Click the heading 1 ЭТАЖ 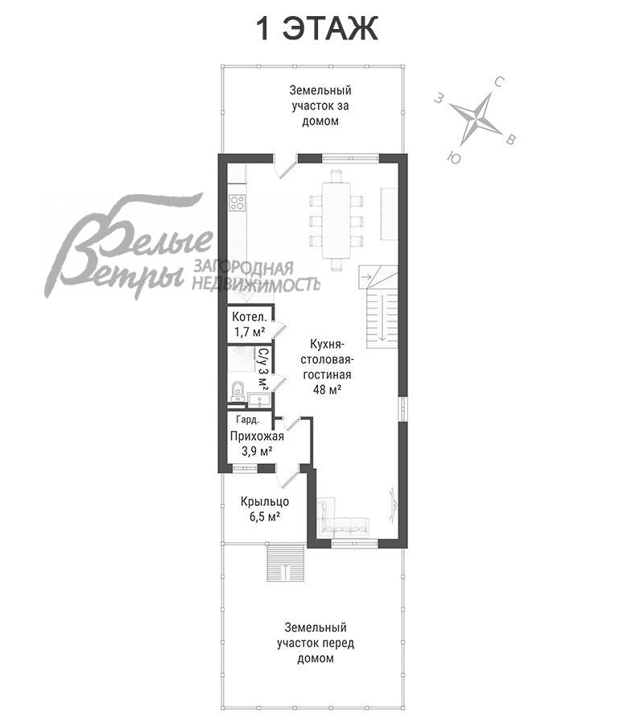316,29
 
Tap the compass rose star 477,118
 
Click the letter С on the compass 499,83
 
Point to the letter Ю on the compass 454,158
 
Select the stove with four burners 237,203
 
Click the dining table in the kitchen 336,220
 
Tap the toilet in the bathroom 237,391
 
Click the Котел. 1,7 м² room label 250,324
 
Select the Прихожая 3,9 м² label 257,444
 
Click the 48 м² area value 327,389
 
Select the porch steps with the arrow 286,563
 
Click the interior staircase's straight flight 382,318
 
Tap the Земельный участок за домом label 320,106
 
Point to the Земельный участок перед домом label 316,643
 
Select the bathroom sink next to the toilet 259,400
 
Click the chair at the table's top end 336,176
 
